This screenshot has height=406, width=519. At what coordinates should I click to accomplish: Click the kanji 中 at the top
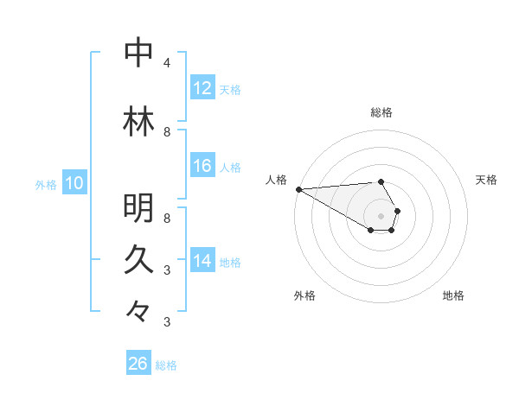coord(138,52)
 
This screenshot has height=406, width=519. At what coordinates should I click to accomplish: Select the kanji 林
coord(138,121)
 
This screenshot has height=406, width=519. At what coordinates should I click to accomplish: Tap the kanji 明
coord(138,207)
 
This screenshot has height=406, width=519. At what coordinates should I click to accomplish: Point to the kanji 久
coord(138,259)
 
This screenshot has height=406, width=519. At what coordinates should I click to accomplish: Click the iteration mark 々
coord(138,311)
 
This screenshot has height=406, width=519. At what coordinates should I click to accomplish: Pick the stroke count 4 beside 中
coord(167,63)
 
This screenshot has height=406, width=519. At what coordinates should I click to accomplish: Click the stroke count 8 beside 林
coord(167,132)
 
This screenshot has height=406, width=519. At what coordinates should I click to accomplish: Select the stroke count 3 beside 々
coord(167,321)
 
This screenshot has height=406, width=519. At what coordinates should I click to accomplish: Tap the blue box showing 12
coord(202,87)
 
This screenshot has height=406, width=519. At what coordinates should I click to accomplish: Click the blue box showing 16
coord(202,165)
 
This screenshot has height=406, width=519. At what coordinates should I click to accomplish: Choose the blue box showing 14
coord(202,259)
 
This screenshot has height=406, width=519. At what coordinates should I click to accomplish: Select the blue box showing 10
coord(74,182)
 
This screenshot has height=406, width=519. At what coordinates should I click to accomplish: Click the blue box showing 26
coord(138,362)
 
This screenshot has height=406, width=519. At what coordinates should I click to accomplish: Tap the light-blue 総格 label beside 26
coord(166,365)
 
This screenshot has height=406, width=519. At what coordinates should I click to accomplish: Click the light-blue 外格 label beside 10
coord(46,185)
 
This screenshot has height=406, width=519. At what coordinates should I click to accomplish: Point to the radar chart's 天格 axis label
coord(486,180)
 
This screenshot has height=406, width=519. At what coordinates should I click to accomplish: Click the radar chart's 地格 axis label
coord(453,295)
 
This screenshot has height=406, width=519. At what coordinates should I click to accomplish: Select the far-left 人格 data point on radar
coord(299,189)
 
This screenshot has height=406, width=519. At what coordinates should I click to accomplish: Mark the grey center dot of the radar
coord(381,216)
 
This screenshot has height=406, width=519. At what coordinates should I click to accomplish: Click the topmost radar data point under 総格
coord(381,181)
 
